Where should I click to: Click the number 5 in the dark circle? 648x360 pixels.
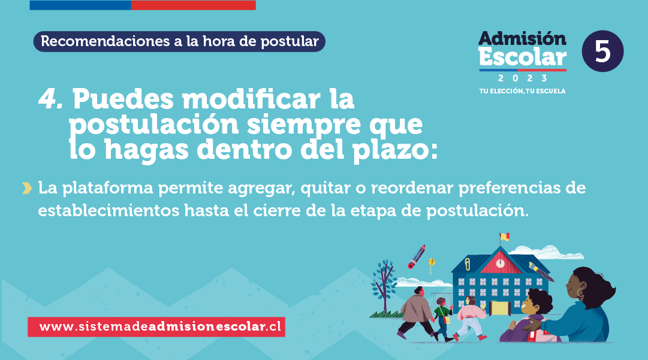[x=602, y=51]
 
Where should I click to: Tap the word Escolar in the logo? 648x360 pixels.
[x=523, y=57]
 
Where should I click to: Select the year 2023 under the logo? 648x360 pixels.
[x=523, y=78]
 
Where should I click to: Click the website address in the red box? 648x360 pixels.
[x=160, y=326]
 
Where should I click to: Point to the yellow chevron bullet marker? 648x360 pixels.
[x=27, y=188]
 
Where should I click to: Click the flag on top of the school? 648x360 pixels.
[x=504, y=237]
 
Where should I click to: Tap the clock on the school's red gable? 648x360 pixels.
[x=500, y=263]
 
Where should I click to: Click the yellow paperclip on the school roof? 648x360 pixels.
[x=468, y=264]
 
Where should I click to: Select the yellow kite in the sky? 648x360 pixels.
[x=431, y=262]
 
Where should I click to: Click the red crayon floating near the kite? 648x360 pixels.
[x=417, y=257]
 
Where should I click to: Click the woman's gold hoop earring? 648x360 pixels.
[x=580, y=293]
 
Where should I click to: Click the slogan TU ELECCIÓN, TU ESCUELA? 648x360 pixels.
[x=522, y=91]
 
